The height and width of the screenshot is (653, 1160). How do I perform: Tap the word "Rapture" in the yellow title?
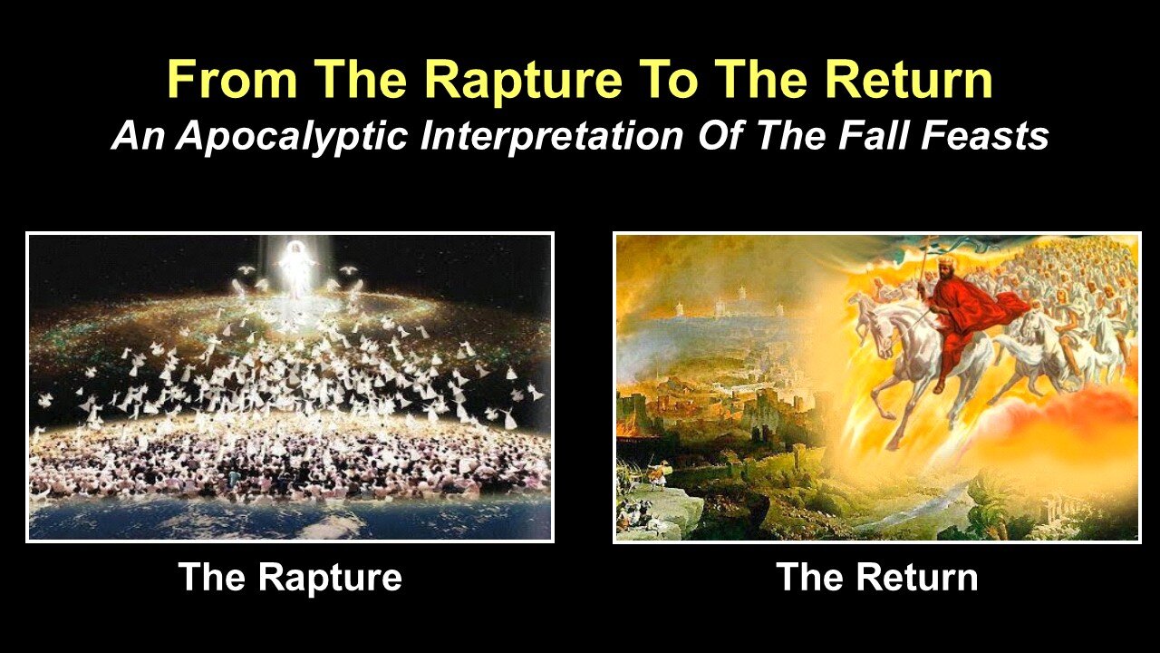coord(523,81)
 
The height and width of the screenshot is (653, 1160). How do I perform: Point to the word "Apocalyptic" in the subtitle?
coord(291,137)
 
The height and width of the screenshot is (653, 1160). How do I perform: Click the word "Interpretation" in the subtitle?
coord(552,137)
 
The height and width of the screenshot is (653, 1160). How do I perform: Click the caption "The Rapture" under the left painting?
coord(290,578)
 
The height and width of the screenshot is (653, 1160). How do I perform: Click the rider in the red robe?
coord(952,321)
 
